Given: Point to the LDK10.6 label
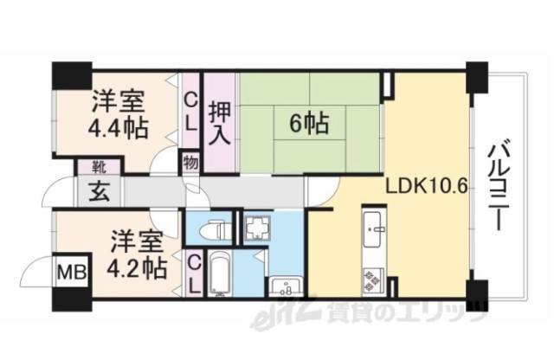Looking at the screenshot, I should pos(426,187).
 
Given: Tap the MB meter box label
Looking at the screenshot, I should pos(68,273).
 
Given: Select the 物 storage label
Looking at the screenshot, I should pos(190,161).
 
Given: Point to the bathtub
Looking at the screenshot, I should pos(219,275).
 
